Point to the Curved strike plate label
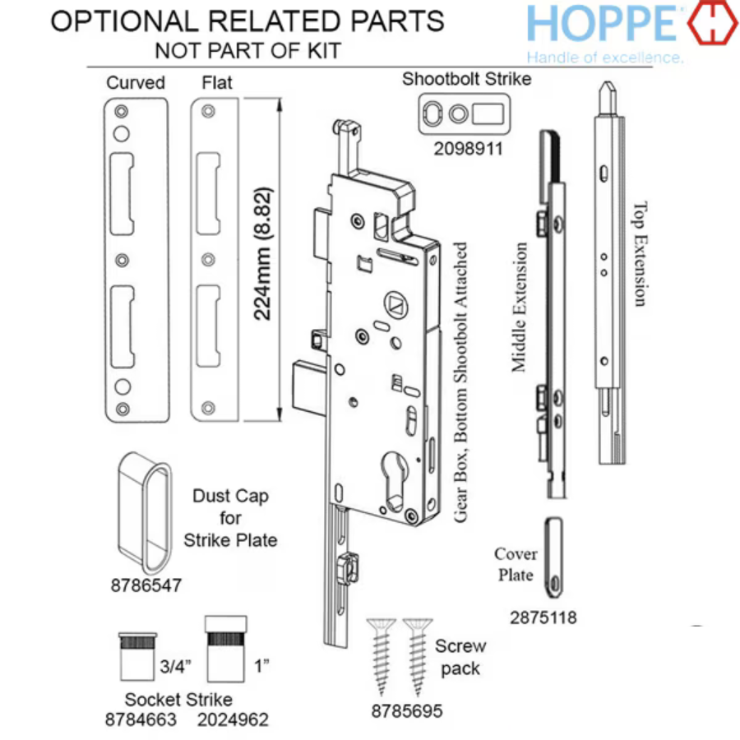135,82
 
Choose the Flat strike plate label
217,82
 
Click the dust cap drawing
141,511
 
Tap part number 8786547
146,585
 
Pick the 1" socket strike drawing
224,649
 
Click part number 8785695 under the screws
406,710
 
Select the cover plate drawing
557,556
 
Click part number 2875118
543,617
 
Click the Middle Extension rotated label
519,308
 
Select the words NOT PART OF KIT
247,51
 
